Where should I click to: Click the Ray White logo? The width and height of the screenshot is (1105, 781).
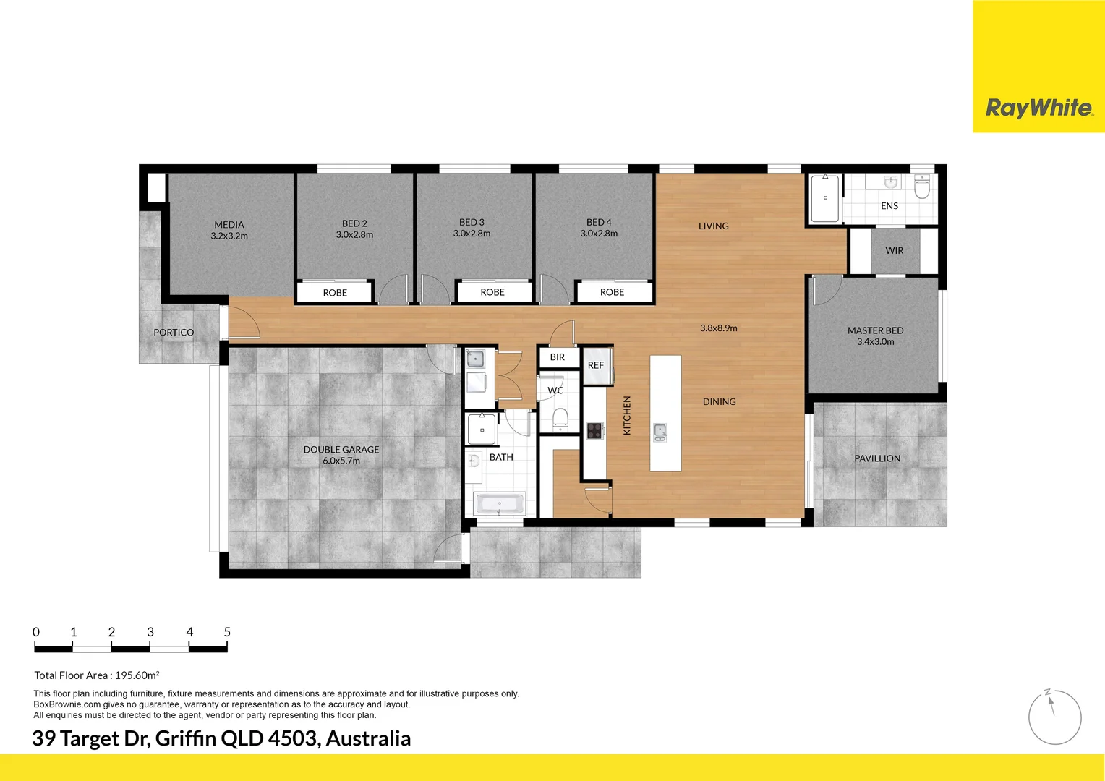(x=1039, y=108)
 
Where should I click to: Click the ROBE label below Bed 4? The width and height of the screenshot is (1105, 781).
(x=612, y=292)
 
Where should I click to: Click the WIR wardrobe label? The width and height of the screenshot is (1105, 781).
(x=895, y=251)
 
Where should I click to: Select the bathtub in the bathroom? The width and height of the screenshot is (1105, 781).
(x=499, y=504)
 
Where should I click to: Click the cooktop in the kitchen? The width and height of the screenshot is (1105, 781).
(x=594, y=431)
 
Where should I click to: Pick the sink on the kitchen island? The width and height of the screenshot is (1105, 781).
(x=660, y=432)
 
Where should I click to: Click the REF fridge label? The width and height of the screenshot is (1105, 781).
(x=595, y=365)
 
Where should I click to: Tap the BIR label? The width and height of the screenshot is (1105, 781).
(x=558, y=357)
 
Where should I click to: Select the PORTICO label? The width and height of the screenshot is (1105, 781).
(x=174, y=333)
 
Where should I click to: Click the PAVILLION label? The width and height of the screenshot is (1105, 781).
(x=877, y=458)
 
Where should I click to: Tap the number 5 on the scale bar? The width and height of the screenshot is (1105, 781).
(x=227, y=632)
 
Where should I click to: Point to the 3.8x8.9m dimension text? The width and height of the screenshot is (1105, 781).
(x=719, y=328)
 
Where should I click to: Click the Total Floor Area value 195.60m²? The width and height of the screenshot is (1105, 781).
(x=137, y=675)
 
